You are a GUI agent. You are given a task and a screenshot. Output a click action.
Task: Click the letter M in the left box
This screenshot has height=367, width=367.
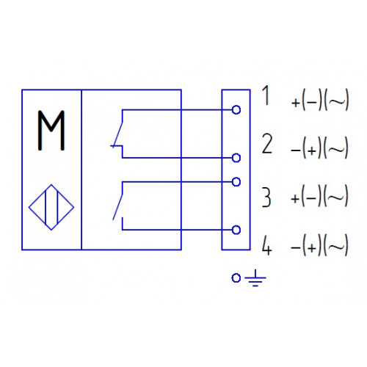coord(51,130)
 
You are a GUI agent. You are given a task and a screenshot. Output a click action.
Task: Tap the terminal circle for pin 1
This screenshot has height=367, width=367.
coord(236,110)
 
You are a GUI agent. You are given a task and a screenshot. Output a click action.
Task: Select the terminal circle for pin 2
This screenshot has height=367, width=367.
coord(236,158)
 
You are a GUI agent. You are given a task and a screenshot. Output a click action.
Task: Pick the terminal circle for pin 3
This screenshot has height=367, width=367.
coord(236,182)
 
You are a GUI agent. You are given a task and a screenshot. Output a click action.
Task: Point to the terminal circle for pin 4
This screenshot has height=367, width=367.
coord(236,230)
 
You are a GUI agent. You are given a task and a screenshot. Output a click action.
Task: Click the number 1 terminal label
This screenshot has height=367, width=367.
coord(266,95)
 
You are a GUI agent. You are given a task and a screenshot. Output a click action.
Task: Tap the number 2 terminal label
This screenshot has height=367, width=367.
coord(267,144)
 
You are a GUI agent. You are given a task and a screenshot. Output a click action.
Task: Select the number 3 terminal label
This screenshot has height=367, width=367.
coord(266,197)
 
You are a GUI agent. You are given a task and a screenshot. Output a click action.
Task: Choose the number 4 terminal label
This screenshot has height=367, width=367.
coord(266,245)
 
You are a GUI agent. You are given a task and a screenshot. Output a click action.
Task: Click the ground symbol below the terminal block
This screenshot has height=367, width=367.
coord(255,278)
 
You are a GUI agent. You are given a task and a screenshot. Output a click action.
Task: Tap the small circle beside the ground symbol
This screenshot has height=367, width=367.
coord(236,278)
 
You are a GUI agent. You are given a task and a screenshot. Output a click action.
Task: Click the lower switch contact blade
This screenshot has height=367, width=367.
coord(117,206)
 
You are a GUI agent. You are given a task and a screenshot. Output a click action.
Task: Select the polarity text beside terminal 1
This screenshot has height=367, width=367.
coord(320,101)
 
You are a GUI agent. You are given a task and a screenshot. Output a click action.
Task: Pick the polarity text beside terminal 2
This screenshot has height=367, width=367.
coord(319,148)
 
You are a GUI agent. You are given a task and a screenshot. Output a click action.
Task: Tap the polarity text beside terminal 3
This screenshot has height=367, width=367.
coord(319,197)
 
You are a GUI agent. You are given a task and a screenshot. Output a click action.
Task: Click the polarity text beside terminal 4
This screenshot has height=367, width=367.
coord(319,245)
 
